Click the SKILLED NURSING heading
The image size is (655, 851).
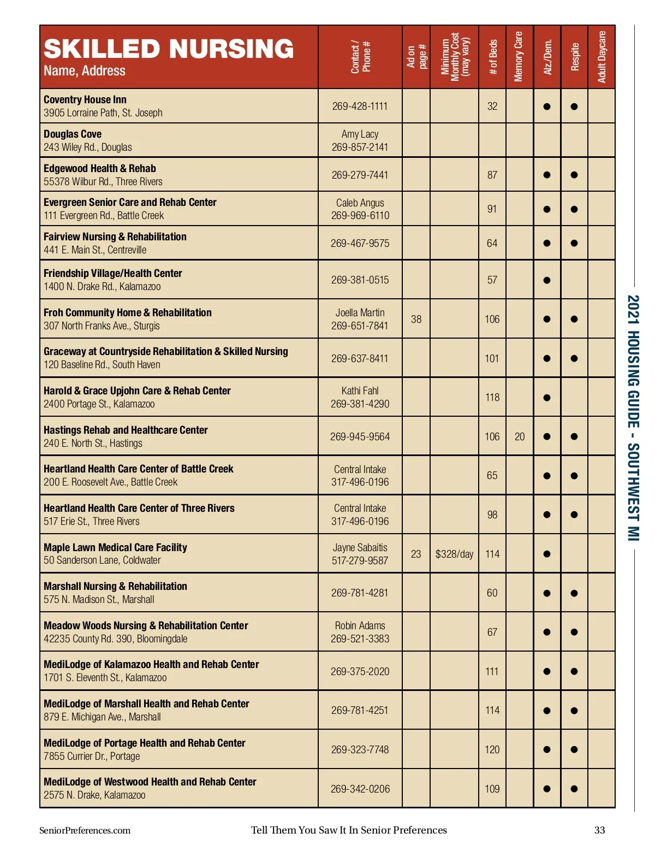(169, 49)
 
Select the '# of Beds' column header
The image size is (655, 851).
(492, 57)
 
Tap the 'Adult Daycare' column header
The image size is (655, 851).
(602, 57)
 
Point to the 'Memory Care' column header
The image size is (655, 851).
(519, 57)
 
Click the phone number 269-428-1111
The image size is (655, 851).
(360, 106)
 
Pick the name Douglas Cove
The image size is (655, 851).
(73, 134)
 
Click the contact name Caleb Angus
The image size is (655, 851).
(360, 203)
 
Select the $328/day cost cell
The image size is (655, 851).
(454, 554)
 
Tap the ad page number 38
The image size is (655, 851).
(416, 319)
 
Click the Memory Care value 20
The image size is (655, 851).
(519, 436)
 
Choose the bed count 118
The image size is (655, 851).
(492, 397)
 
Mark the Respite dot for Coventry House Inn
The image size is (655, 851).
(574, 107)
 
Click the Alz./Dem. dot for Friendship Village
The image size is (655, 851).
(546, 280)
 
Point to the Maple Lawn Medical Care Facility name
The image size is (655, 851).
(115, 547)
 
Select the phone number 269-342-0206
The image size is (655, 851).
(360, 789)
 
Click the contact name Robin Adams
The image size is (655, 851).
(360, 625)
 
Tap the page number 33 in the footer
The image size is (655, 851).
(599, 830)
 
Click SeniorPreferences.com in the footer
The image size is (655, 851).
(85, 830)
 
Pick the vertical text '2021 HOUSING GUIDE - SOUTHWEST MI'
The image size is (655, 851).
(633, 418)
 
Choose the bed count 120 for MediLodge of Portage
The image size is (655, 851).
(492, 749)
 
